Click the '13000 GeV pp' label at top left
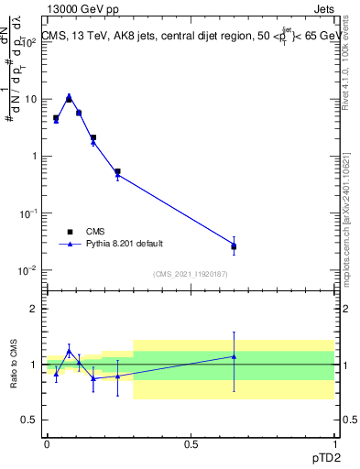[82, 10]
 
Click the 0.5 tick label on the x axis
[191, 443]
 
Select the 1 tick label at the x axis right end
[333, 443]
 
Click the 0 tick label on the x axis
[47, 443]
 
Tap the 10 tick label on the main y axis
[31, 99]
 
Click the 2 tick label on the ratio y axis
[34, 310]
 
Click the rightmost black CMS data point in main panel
[234, 246]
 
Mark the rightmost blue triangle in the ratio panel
[234, 356]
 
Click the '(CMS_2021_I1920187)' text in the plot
[190, 274]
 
